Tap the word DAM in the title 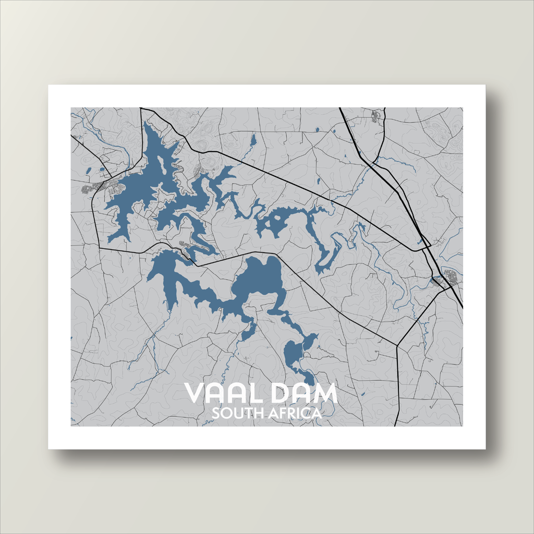pos(305,394)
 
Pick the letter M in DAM pos(326,394)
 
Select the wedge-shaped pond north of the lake pos(253,140)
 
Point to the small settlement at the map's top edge pos(375,116)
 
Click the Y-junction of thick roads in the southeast pos(397,346)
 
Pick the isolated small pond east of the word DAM pos(361,387)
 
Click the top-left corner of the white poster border pos(49,86)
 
